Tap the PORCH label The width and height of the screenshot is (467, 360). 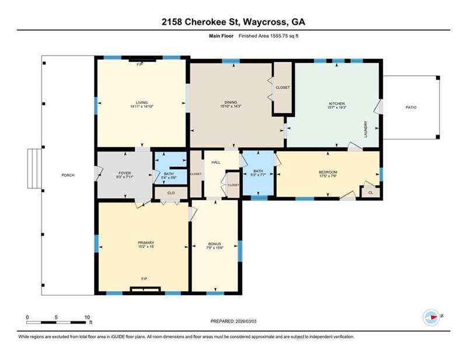[x=68, y=175]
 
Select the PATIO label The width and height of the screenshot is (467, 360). [x=411, y=107]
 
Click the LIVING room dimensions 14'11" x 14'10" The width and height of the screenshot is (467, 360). [x=142, y=106]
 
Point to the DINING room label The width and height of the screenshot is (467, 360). [x=231, y=102]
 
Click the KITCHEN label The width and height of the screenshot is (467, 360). [x=337, y=104]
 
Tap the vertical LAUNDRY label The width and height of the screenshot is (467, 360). [x=366, y=129]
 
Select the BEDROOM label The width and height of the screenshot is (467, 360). [x=328, y=172]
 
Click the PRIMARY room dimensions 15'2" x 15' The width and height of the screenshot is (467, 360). [x=146, y=247]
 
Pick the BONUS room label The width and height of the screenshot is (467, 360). [x=214, y=244]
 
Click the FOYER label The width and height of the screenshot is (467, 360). [x=124, y=173]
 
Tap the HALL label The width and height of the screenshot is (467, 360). [x=216, y=162]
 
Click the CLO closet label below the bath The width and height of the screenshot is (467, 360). [x=171, y=193]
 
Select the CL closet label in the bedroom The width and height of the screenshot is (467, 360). [x=371, y=193]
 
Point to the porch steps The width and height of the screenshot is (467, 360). [x=34, y=169]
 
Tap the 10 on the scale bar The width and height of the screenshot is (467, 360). [x=87, y=317]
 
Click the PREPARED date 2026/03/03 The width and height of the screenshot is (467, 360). [x=246, y=321]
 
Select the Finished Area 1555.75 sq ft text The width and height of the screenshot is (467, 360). [x=269, y=36]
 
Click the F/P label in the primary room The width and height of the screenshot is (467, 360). [x=144, y=279]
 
